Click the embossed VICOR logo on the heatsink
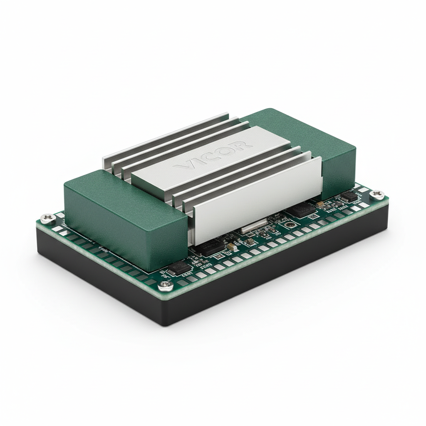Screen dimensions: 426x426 tap(212, 156)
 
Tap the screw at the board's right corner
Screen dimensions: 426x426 tap(377, 194)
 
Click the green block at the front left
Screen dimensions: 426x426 tap(125, 216)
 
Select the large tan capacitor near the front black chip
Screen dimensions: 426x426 tap(231, 247)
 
